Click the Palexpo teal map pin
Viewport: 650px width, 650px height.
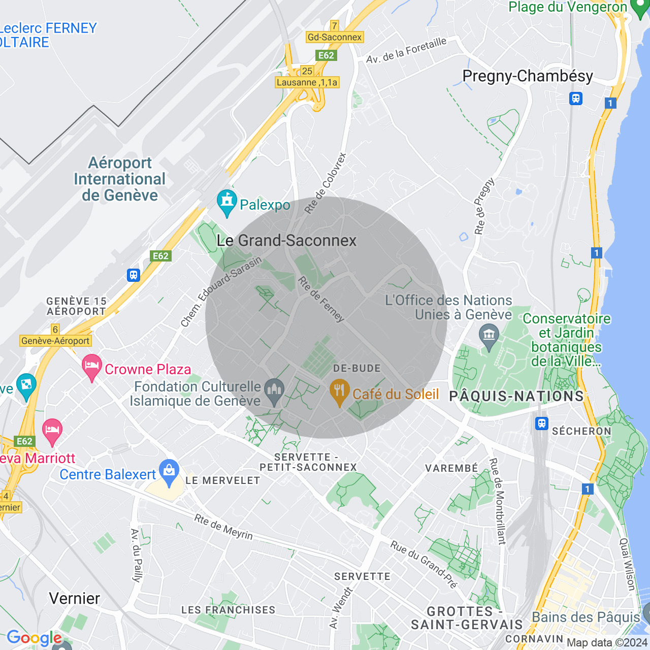[x=226, y=202]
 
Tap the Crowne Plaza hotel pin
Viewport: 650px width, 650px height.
[x=92, y=367]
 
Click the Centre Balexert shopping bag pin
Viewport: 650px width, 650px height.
[x=169, y=472]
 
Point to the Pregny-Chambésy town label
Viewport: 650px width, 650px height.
[x=528, y=76]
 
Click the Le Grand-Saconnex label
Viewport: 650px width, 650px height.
[x=286, y=241]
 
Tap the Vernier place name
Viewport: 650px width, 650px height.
[x=75, y=598]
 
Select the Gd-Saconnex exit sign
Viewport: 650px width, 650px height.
[x=335, y=37]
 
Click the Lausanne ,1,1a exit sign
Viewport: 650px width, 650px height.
[x=307, y=82]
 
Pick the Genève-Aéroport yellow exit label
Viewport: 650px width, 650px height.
[x=55, y=341]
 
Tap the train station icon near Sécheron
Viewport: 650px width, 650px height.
[x=542, y=423]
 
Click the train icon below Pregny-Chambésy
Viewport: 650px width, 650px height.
[x=576, y=99]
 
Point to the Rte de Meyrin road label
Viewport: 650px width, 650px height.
[x=223, y=527]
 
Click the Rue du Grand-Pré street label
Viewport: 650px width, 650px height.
[x=424, y=564]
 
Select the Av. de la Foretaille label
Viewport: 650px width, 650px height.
[x=406, y=50]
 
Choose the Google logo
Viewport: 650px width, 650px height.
[x=35, y=638]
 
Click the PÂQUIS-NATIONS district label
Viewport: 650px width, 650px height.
[x=516, y=396]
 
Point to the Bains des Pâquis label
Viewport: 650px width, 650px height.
[x=586, y=617]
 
